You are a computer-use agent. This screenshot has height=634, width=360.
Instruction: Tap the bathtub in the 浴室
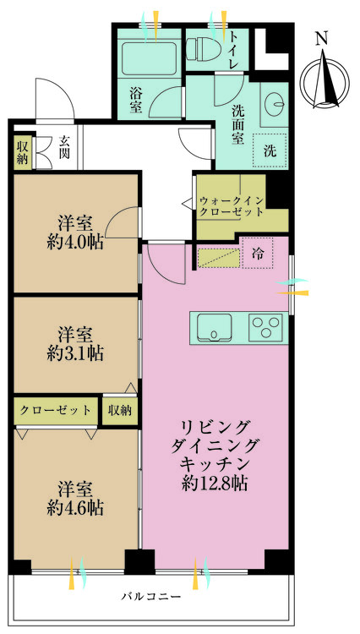[x=149, y=59]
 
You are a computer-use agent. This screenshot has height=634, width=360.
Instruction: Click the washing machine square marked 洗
[x=270, y=150]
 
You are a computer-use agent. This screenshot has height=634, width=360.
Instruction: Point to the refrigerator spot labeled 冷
[x=258, y=254]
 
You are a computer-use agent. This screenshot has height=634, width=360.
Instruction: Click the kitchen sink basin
[x=214, y=326]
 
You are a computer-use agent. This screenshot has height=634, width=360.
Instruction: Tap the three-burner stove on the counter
[x=265, y=326]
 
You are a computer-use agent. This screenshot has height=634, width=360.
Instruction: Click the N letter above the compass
[x=321, y=39]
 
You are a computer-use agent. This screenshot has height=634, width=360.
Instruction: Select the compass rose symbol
[x=325, y=82]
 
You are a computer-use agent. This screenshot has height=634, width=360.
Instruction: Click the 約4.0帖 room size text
[x=74, y=243]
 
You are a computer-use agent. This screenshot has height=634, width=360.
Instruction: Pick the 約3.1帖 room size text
[x=74, y=353]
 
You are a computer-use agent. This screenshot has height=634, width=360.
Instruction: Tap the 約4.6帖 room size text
[x=74, y=507]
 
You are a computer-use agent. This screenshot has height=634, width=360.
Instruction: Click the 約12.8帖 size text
[x=215, y=484]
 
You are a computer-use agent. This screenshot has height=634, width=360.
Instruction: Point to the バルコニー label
[x=151, y=596]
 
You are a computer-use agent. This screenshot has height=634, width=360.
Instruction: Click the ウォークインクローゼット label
[x=232, y=206]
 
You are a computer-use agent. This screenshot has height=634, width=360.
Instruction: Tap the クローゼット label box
[x=56, y=410]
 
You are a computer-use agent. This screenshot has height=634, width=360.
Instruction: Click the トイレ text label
[x=234, y=50]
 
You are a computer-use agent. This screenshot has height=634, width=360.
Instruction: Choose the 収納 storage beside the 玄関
[x=23, y=152]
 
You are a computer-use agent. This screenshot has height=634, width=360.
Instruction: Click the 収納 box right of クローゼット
[x=120, y=410]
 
